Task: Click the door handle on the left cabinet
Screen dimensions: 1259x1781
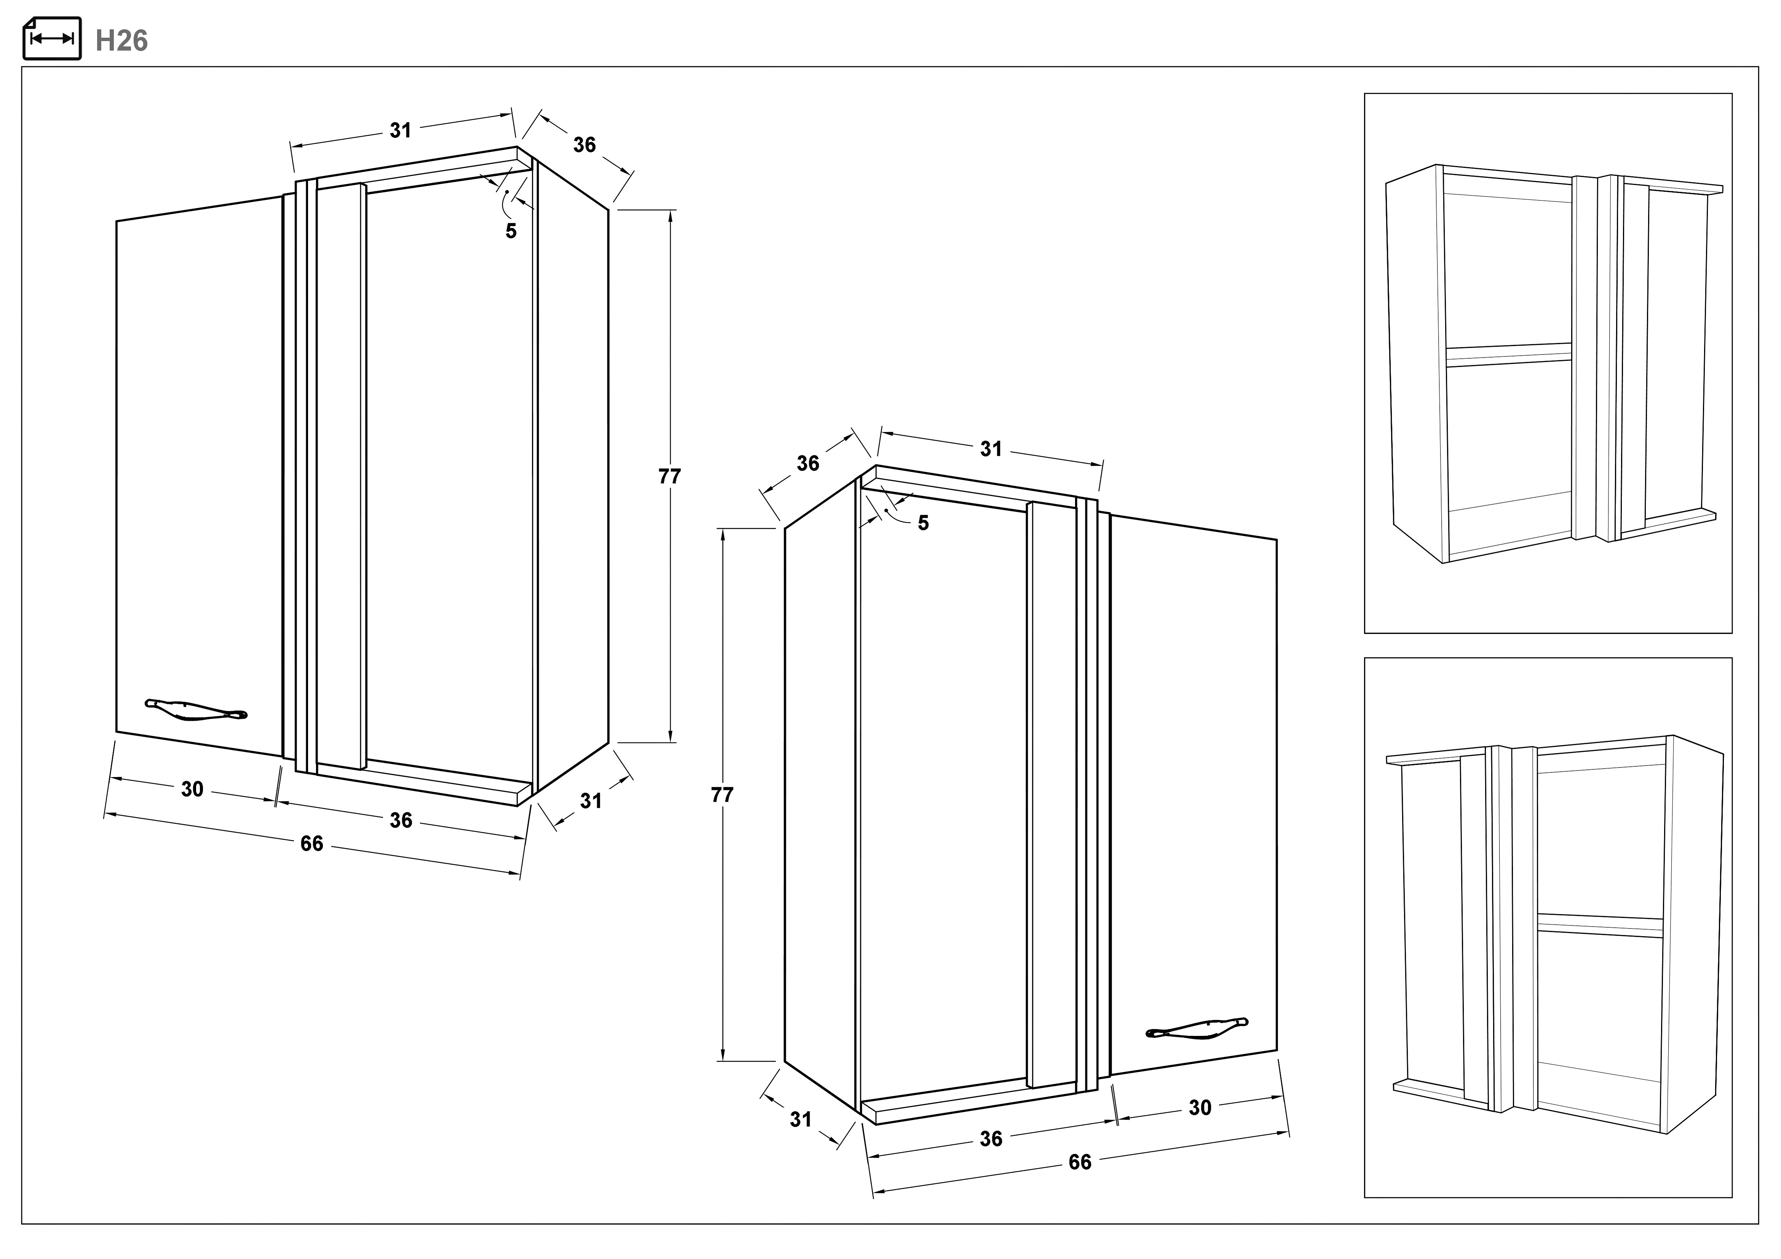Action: pyautogui.click(x=196, y=710)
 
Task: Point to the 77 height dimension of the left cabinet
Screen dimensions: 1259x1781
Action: pyautogui.click(x=669, y=476)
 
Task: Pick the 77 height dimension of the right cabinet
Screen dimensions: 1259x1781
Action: pyautogui.click(x=722, y=795)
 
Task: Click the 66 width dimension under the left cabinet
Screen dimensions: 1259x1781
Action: pyautogui.click(x=312, y=843)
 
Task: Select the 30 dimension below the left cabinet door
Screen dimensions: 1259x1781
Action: pyautogui.click(x=192, y=789)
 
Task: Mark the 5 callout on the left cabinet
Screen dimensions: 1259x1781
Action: pyautogui.click(x=510, y=231)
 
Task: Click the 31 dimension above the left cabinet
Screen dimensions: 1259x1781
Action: pyautogui.click(x=400, y=130)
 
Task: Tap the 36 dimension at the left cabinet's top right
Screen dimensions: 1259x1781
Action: pyautogui.click(x=585, y=145)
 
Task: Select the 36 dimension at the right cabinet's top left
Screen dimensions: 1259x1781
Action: pyautogui.click(x=808, y=463)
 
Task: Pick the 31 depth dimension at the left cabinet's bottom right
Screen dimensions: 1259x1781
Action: pyautogui.click(x=591, y=801)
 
